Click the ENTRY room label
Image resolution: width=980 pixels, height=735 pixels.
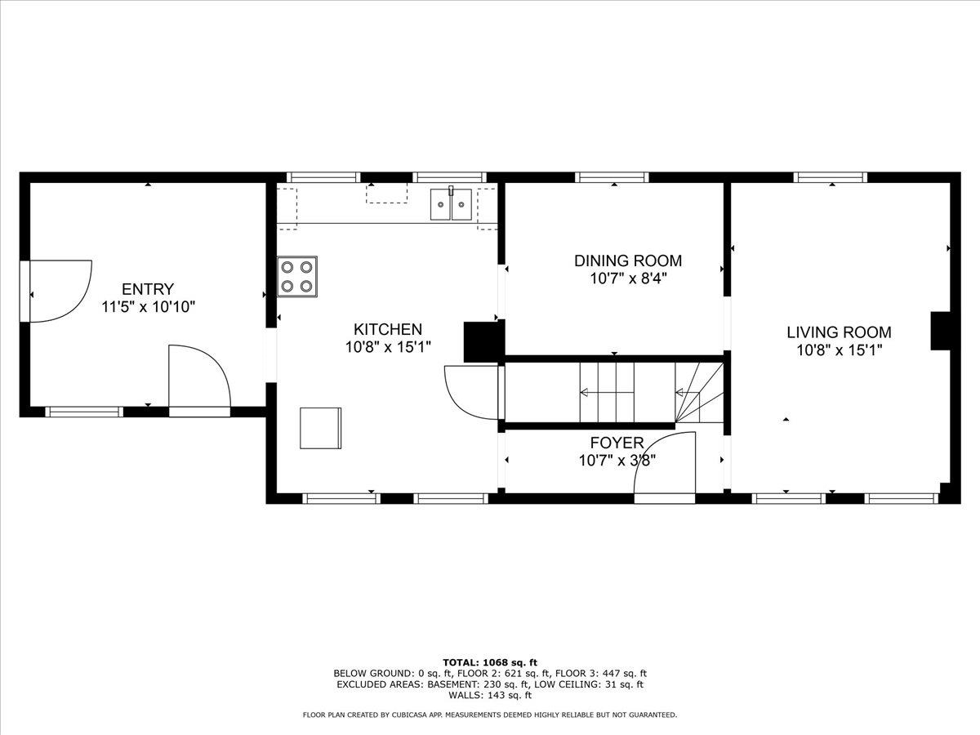(148, 289)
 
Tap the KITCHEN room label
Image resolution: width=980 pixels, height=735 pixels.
(387, 329)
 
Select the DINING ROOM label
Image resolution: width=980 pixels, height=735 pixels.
(627, 261)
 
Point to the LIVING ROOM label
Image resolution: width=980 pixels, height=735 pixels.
(839, 332)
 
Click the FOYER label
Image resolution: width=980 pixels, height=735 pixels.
(617, 443)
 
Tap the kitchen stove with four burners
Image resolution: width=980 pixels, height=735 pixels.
(297, 276)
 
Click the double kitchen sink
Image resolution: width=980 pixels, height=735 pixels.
(451, 204)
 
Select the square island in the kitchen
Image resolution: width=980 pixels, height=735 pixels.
(320, 428)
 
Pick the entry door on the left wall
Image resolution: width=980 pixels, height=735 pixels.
(57, 291)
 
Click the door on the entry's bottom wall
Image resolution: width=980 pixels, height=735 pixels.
(199, 377)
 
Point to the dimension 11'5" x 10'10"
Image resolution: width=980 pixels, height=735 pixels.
(148, 307)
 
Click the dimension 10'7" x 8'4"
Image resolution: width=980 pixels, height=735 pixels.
(627, 278)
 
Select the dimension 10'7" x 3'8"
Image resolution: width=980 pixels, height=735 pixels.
(617, 461)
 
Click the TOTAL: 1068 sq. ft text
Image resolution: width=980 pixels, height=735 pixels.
(489, 662)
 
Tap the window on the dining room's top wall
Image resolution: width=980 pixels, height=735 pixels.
(612, 176)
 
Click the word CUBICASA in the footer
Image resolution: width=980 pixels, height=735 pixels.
(417, 715)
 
